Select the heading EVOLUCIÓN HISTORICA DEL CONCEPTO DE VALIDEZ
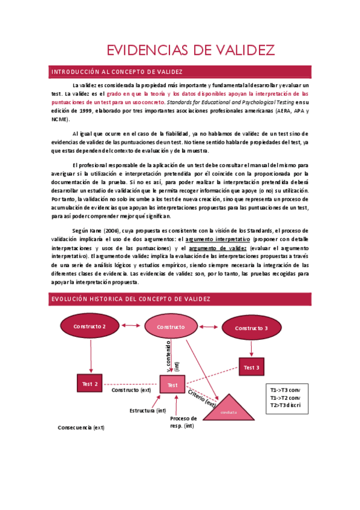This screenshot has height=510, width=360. (130, 299)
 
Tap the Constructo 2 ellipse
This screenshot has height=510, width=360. (90, 327)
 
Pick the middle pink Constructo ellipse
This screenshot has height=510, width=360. (171, 327)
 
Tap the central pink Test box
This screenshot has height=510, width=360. (172, 384)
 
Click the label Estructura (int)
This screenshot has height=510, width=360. (148, 411)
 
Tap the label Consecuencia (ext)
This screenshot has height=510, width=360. (81, 428)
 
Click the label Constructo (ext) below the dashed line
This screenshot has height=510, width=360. (131, 390)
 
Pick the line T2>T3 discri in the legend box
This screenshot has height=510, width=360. (285, 405)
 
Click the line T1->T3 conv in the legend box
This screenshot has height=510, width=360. (285, 390)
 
